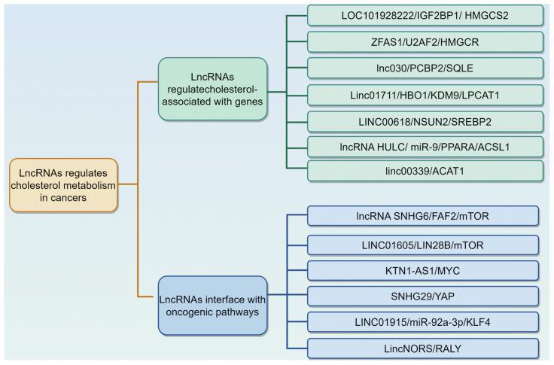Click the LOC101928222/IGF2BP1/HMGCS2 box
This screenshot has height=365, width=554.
click(425, 15)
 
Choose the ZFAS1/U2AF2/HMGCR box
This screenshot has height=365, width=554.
click(425, 41)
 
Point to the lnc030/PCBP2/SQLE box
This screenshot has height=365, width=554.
click(425, 68)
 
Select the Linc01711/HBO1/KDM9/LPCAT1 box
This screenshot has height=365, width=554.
click(425, 95)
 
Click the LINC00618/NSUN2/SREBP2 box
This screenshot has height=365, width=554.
click(425, 120)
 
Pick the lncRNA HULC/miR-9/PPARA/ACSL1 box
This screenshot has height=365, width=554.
click(425, 145)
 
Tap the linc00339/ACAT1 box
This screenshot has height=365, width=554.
click(425, 170)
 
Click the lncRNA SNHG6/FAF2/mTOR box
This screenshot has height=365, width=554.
click(424, 216)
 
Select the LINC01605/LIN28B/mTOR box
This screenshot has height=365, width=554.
click(424, 245)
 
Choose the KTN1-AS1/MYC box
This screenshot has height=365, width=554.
click(424, 270)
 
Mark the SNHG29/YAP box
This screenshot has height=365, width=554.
click(424, 295)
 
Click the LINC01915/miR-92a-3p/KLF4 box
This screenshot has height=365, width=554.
click(424, 322)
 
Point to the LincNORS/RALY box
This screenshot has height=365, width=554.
click(424, 348)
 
